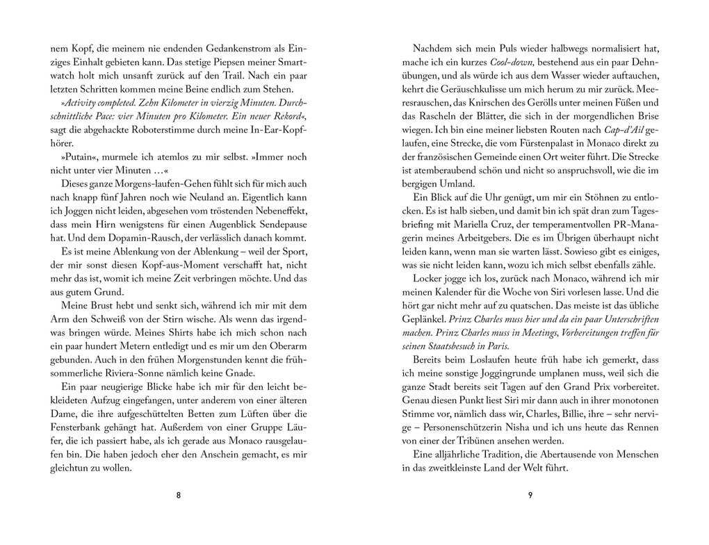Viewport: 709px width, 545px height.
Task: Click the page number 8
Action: pos(179,495)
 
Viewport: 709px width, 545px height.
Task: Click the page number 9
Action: pos(530,495)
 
